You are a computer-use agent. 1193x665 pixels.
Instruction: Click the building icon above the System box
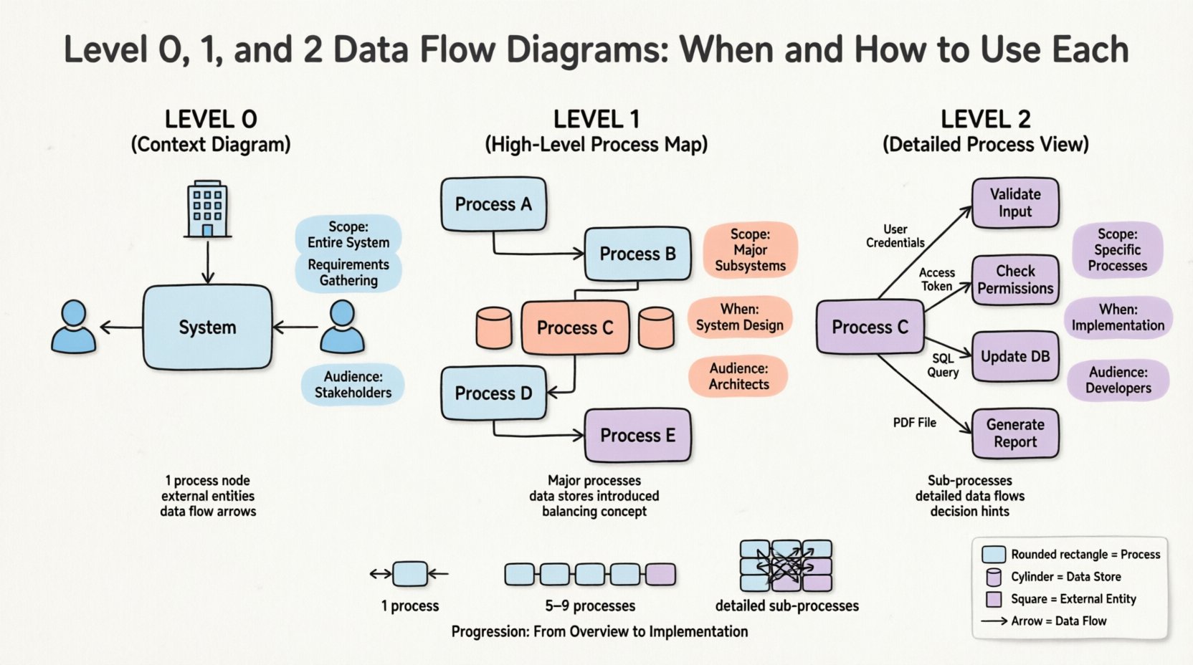click(207, 209)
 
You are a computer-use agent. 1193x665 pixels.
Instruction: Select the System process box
click(207, 327)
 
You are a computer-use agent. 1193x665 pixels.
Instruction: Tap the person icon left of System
click(73, 327)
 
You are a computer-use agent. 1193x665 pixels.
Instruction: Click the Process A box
click(493, 204)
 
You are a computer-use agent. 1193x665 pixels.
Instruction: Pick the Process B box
click(637, 254)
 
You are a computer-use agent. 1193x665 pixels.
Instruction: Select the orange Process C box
click(575, 327)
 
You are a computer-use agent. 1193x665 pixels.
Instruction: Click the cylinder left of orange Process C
click(494, 327)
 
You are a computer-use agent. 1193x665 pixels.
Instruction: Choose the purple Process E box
click(637, 435)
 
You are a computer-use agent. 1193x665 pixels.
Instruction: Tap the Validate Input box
click(1015, 203)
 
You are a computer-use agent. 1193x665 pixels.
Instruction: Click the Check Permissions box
click(1015, 279)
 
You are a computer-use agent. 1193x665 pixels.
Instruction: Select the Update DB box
click(1015, 356)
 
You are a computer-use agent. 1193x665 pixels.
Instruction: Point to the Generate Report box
click(1015, 433)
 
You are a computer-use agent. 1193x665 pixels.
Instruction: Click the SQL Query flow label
click(943, 365)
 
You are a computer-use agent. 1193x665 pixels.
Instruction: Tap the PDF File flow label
click(914, 423)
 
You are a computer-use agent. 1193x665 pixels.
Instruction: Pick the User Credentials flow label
click(895, 236)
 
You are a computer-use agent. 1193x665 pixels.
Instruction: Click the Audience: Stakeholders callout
click(353, 385)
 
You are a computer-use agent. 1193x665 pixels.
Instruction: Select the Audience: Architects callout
click(738, 376)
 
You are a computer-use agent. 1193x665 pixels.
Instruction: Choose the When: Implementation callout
click(1118, 317)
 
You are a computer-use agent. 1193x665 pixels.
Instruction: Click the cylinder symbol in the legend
click(994, 577)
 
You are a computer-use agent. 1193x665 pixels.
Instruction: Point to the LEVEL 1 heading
click(596, 119)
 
